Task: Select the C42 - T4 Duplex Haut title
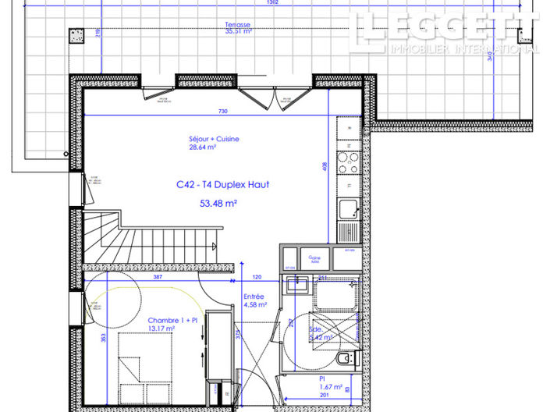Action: pyautogui.click(x=222, y=186)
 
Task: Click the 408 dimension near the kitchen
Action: pyautogui.click(x=326, y=166)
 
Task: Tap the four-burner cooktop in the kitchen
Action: pyautogui.click(x=348, y=164)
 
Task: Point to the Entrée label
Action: pyautogui.click(x=254, y=297)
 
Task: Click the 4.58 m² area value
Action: pyautogui.click(x=254, y=305)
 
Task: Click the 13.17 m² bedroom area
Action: pyautogui.click(x=161, y=329)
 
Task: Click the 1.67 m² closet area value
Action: pyautogui.click(x=332, y=387)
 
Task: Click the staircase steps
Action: pyautogui.click(x=117, y=234)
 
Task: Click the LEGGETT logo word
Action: pyautogui.click(x=444, y=30)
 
